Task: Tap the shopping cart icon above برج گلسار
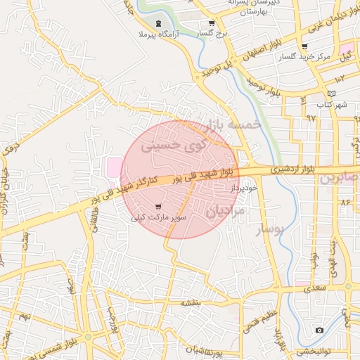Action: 212,22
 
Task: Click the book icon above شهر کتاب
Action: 331,94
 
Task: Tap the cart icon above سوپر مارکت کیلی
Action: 158,207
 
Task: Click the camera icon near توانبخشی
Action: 320,330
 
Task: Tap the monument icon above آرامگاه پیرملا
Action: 158,24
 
